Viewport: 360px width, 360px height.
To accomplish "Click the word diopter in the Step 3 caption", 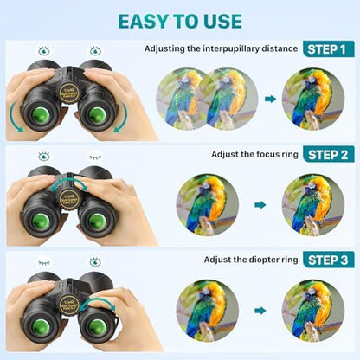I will coord(257,260).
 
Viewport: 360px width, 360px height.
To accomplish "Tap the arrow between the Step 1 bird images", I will coord(270,99).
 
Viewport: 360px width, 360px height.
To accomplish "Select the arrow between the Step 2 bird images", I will coord(260,205).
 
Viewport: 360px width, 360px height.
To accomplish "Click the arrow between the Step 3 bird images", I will coord(260,309).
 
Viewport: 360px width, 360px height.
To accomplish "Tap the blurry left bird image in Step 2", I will coord(207,205).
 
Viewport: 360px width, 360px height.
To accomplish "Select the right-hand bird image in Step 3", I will coord(312,309).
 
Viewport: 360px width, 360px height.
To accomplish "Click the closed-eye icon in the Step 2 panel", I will coord(94,157).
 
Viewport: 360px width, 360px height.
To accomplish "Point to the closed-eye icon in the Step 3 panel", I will coord(43,260).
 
